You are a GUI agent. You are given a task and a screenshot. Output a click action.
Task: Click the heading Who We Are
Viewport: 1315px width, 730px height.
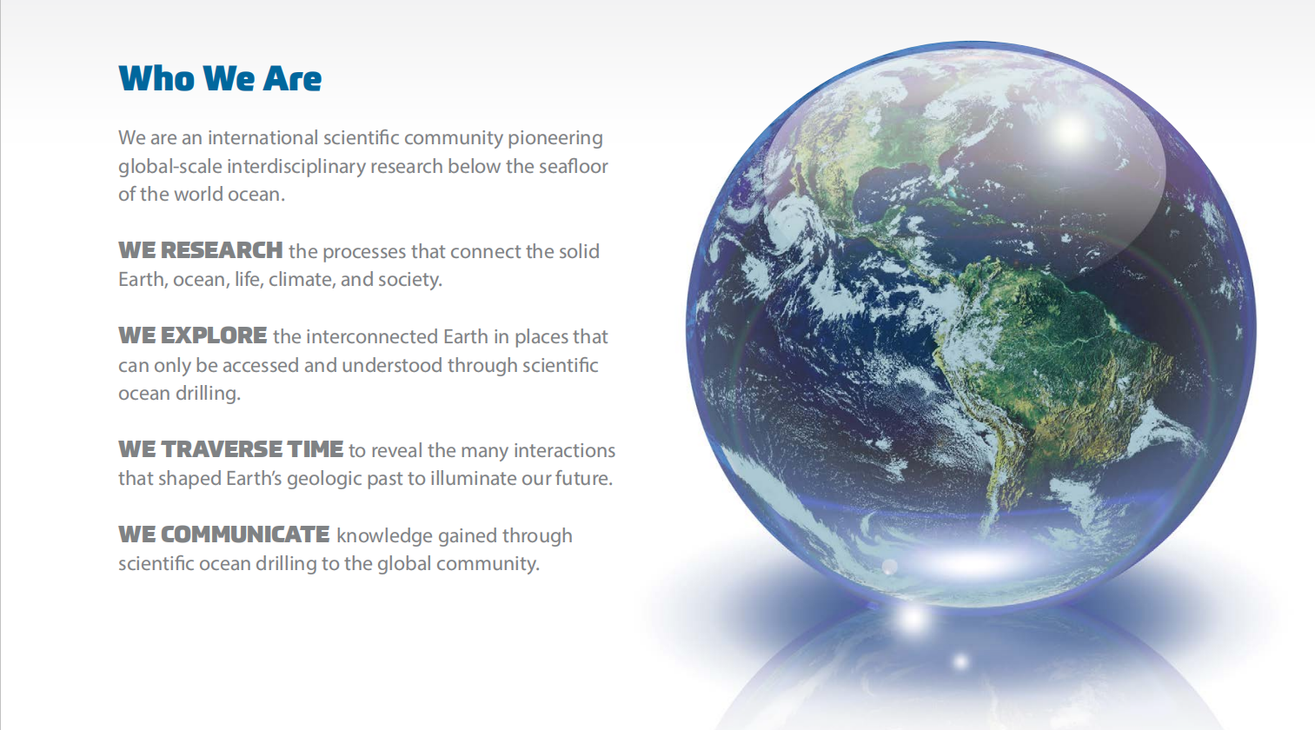220,78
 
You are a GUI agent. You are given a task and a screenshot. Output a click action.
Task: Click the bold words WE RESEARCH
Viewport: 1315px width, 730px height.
201,250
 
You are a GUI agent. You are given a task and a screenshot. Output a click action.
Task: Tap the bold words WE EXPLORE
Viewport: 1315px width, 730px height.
193,335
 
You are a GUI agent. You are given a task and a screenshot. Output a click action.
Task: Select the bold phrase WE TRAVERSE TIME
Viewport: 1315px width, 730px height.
230,449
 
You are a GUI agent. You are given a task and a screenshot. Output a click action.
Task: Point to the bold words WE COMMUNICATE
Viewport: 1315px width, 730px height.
224,534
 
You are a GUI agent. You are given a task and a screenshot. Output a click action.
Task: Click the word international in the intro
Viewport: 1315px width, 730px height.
262,138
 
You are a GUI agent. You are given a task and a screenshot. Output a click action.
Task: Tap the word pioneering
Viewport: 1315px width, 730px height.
555,139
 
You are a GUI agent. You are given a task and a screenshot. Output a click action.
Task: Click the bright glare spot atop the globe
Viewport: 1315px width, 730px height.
1070,131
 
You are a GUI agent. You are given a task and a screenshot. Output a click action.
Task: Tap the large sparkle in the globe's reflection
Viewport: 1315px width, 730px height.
913,618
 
